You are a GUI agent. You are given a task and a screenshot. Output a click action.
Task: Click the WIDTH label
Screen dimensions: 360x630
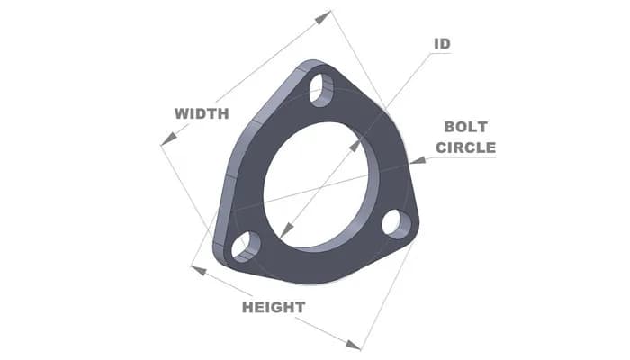(202, 113)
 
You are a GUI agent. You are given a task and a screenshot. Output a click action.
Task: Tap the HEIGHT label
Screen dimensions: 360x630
(274, 307)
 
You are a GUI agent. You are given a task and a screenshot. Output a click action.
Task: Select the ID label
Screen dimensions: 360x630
(442, 44)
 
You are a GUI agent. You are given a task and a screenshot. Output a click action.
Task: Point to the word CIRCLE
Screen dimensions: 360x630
(465, 147)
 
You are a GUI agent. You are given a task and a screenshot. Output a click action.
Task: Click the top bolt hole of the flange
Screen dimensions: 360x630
(319, 88)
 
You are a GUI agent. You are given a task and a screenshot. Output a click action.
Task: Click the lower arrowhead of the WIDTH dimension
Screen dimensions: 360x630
(165, 141)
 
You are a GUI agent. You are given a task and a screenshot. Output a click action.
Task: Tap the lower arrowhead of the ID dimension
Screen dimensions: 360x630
(283, 234)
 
